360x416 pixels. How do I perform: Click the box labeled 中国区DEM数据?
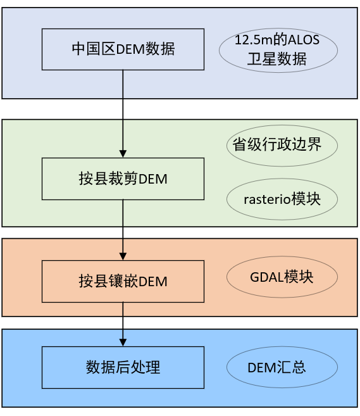[x=123, y=49]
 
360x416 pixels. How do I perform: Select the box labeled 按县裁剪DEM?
[x=123, y=179]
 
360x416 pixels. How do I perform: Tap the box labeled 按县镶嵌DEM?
[x=123, y=281]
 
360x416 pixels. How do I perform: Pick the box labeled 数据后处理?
[x=123, y=367]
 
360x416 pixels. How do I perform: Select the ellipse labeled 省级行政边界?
[x=282, y=145]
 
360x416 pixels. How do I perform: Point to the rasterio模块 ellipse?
[x=282, y=199]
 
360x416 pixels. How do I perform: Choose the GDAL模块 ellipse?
[x=282, y=277]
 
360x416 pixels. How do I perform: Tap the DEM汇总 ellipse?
[x=282, y=367]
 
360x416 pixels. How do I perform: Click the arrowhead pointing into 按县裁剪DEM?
[x=123, y=154]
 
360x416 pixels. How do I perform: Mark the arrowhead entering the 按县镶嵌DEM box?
[x=123, y=256]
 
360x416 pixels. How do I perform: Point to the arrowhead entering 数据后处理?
[x=123, y=343]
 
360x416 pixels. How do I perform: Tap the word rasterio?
[x=266, y=199]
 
